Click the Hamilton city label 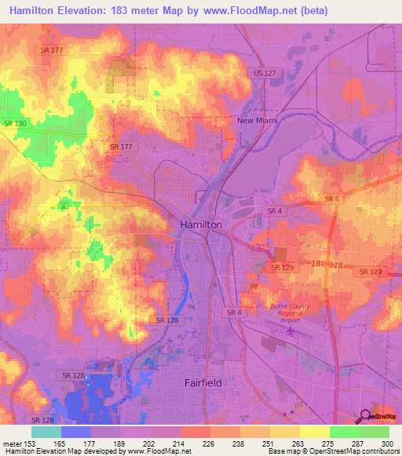(x=202, y=224)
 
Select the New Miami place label (x=258, y=120)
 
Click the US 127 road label (x=264, y=73)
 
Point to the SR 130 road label (x=14, y=124)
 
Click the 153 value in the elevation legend (x=31, y=443)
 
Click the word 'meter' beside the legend (x=12, y=443)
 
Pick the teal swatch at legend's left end (x=46, y=432)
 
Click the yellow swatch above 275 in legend (x=314, y=432)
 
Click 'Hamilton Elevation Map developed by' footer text (x=60, y=451)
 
